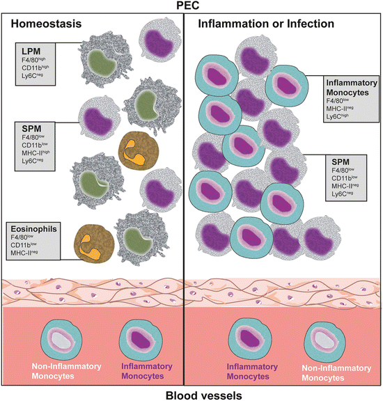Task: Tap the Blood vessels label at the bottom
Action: click(x=191, y=394)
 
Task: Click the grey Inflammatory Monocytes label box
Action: click(x=350, y=98)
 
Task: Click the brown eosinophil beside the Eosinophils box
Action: click(x=95, y=245)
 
